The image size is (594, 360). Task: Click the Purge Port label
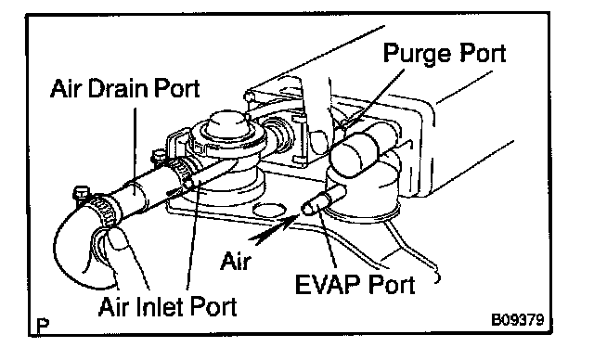point(445,54)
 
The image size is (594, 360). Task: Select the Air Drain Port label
point(125,89)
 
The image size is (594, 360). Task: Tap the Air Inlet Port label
point(167,306)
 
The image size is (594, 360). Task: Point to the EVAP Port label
point(355,284)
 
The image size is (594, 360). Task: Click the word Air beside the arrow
point(236,261)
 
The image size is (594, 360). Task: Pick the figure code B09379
point(518,320)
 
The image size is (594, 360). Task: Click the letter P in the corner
point(44,325)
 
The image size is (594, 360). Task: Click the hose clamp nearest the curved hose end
point(103,212)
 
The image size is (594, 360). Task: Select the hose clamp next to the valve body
point(181,173)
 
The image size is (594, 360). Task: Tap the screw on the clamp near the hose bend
point(81,193)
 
